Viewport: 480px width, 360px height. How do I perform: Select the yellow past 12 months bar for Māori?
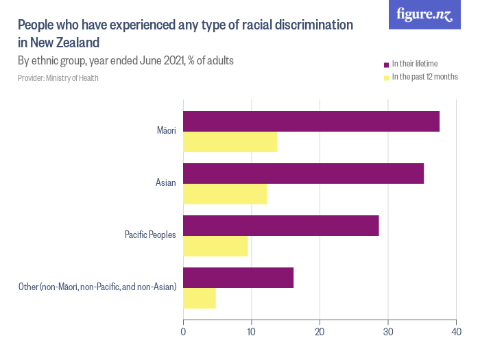(230, 142)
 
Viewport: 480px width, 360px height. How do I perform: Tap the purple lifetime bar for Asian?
(304, 173)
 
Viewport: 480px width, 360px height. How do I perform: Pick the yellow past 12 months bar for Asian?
(225, 194)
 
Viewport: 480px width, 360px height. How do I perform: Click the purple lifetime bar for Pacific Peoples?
(281, 226)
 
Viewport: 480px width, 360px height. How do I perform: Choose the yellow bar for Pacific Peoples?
(215, 245)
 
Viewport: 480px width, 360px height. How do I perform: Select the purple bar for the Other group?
(239, 278)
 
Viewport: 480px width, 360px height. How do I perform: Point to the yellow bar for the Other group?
(200, 298)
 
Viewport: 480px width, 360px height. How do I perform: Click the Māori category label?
(167, 131)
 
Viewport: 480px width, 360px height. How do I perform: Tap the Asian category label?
(166, 183)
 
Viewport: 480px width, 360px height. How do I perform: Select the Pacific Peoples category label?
(150, 235)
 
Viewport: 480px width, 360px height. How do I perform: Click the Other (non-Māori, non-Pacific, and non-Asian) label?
(97, 287)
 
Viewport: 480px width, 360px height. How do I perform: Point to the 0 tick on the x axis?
(184, 333)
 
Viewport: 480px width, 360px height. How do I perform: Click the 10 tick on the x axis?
(252, 333)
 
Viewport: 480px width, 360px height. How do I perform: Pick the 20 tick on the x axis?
(320, 333)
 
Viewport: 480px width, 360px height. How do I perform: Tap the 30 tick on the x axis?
(388, 333)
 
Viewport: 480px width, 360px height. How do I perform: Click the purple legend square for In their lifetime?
(386, 64)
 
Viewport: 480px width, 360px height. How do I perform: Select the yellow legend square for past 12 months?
(386, 77)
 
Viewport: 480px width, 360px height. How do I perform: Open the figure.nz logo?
(424, 14)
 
